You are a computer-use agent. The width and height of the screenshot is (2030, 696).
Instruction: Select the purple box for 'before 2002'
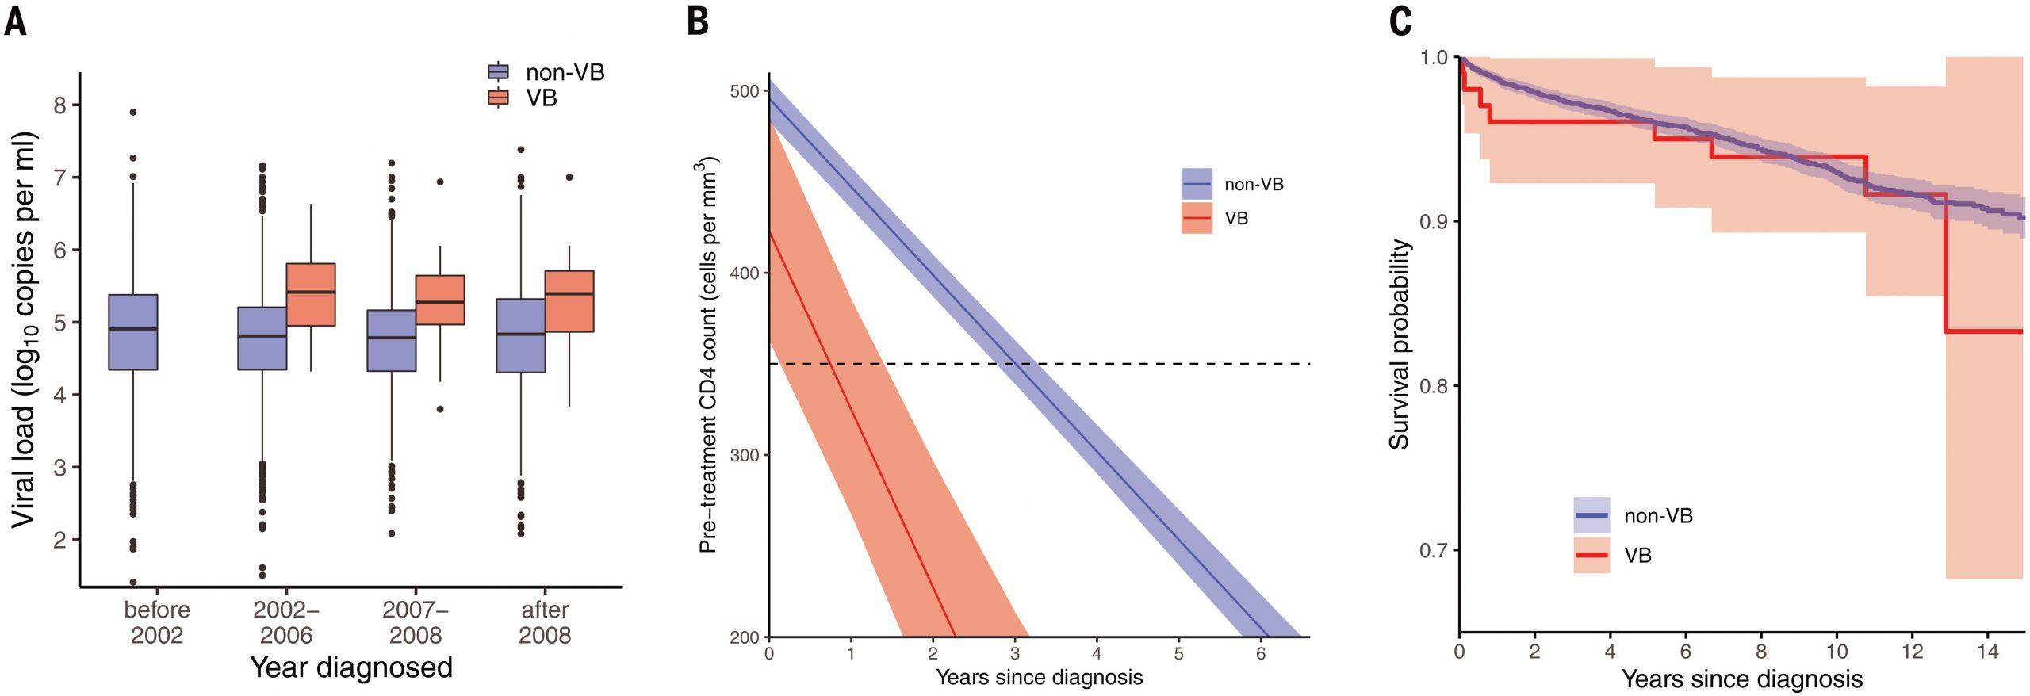point(133,332)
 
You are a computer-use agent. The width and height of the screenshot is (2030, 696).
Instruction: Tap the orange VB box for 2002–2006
point(311,294)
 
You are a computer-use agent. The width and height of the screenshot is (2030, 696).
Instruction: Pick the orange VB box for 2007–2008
point(440,300)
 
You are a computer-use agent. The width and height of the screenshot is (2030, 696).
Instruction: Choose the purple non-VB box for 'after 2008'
point(521,335)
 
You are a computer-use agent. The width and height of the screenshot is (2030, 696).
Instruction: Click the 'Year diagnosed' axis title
point(351,667)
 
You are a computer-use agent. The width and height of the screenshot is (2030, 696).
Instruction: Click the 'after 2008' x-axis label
point(545,622)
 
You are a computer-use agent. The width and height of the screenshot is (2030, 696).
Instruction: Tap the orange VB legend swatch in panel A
point(498,98)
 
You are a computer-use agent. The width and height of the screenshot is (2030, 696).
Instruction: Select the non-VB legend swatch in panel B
point(1197,184)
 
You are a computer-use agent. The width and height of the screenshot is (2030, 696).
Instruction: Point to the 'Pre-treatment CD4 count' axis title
point(709,355)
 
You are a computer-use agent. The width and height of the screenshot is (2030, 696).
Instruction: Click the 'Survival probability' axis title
point(1400,343)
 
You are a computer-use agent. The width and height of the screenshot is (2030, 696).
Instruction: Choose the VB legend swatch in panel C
point(1591,555)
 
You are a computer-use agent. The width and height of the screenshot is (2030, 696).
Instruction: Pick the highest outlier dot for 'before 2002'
point(133,113)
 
